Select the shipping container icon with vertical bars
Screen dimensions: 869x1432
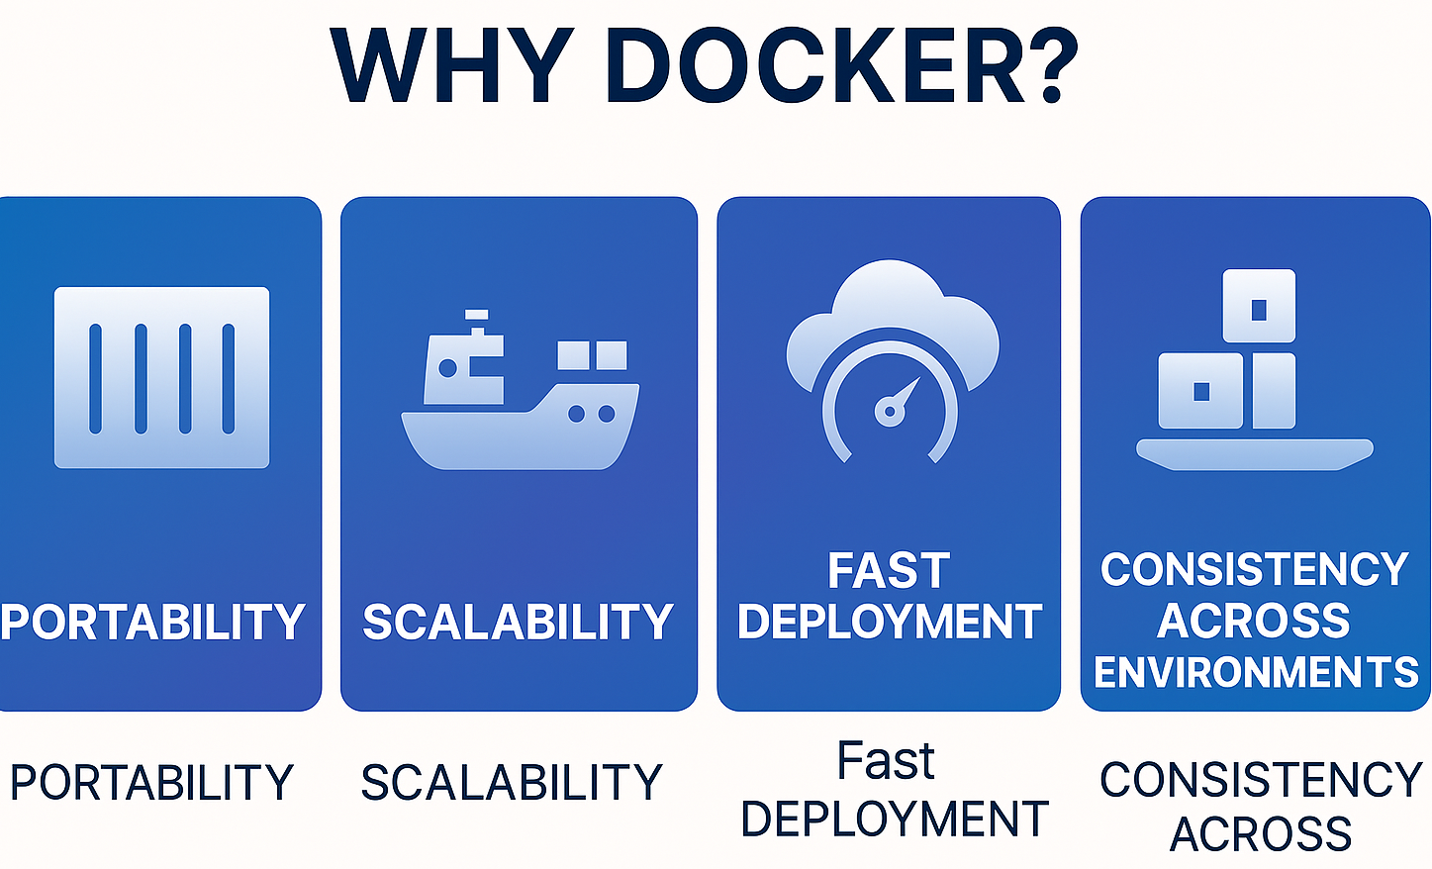click(x=161, y=377)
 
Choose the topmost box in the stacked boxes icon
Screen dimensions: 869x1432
click(x=1259, y=306)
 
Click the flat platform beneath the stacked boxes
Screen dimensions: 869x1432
click(x=1254, y=453)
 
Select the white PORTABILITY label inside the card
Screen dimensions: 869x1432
click(x=153, y=622)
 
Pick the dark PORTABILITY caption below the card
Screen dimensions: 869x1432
click(x=151, y=782)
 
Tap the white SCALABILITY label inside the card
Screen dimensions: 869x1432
click(x=518, y=622)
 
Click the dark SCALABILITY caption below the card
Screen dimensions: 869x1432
click(x=511, y=782)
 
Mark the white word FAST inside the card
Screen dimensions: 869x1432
click(x=889, y=571)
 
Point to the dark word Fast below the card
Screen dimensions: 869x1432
click(x=886, y=761)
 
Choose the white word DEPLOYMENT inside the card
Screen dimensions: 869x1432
click(x=890, y=622)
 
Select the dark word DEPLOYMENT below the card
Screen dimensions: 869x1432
click(x=894, y=820)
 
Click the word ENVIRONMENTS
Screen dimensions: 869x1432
click(x=1256, y=673)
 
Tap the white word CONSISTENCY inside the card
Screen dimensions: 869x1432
click(x=1254, y=570)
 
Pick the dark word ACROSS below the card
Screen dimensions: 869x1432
click(x=1261, y=833)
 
